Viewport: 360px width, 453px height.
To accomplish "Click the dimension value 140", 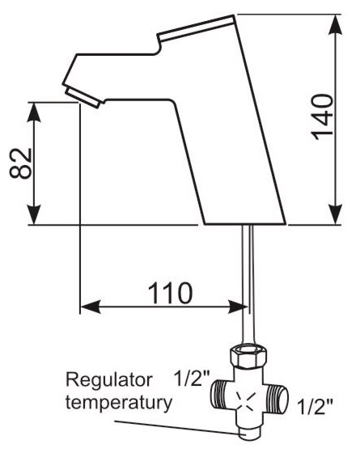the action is tap(322, 116).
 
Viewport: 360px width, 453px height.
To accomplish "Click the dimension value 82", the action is tap(20, 163).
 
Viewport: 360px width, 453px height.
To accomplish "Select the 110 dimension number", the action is tap(170, 292).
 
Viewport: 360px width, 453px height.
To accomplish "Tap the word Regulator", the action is tap(109, 381).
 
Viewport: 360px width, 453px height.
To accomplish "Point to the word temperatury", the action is tap(119, 404).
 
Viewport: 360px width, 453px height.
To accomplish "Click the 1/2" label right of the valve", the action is tap(315, 406).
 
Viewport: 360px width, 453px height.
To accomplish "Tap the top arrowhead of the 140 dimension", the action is tap(335, 25).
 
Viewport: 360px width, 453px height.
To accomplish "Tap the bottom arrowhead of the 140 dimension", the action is tap(335, 214).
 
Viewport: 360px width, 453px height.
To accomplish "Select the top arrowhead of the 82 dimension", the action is tap(34, 112).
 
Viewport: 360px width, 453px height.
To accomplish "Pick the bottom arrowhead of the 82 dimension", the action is tap(34, 214).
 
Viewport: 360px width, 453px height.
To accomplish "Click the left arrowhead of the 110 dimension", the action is tap(91, 307).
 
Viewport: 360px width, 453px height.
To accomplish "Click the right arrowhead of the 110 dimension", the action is tap(238, 307).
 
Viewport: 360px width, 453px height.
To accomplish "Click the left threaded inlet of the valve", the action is tap(223, 395).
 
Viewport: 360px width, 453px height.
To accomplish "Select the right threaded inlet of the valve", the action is tap(277, 400).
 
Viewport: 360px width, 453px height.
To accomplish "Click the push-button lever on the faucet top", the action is tap(196, 28).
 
